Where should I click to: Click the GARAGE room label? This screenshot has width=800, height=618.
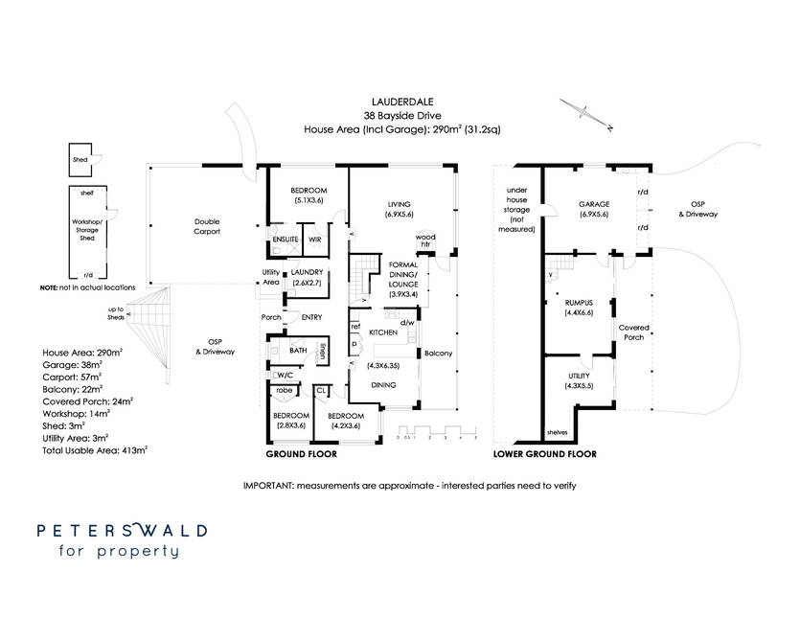[x=596, y=205]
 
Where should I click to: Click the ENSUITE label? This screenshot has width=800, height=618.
[x=284, y=239]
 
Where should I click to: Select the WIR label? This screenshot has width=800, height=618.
[x=314, y=239]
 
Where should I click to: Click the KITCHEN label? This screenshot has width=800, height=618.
[x=382, y=331]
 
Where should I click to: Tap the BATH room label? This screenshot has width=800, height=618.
[x=296, y=352]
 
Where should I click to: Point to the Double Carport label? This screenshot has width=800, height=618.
[x=207, y=225]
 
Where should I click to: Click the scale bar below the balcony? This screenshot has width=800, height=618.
[x=437, y=430]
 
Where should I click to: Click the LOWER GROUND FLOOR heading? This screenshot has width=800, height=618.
[x=544, y=454]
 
